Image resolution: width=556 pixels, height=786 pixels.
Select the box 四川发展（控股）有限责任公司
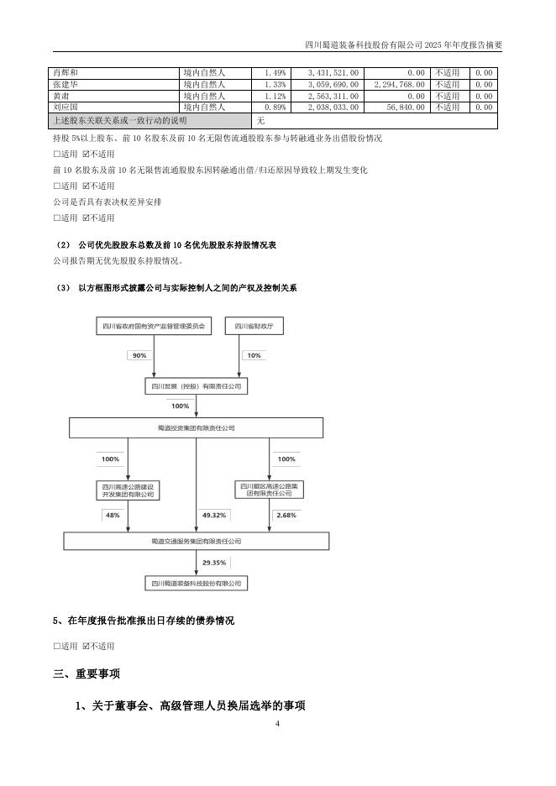pos(196,385)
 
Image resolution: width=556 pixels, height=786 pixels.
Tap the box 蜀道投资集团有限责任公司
pos(196,427)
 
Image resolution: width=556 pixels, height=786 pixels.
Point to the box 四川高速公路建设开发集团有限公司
pos(128,490)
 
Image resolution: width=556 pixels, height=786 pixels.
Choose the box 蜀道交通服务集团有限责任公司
pos(196,542)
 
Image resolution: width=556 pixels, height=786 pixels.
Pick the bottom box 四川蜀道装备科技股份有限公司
pos(196,582)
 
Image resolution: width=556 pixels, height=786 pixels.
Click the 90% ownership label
pos(139,355)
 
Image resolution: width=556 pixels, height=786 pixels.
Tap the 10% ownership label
pos(251,355)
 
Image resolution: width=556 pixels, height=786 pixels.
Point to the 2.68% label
pos(286,515)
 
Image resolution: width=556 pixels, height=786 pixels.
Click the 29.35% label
pos(214,562)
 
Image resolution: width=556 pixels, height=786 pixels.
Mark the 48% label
pos(112,515)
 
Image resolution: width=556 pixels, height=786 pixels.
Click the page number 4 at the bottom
pos(276,723)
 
